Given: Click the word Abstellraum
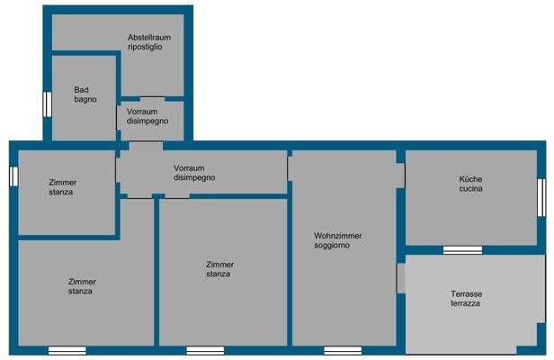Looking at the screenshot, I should point(149,37).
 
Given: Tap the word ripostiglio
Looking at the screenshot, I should point(145,47).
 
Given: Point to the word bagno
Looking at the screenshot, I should point(85,99).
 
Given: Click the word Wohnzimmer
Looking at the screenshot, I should point(338,235).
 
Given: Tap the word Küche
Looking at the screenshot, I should point(471,178).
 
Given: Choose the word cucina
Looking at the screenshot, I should point(471,189).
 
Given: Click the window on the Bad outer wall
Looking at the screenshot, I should point(47,103).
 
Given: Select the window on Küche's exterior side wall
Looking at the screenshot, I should point(541,197).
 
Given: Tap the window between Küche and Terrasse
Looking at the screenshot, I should point(462,249).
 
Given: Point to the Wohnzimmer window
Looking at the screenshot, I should point(343,350).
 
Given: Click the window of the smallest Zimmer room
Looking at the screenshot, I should point(13,175).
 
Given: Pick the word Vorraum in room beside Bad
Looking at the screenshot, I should point(142,112).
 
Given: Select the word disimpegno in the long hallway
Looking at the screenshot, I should point(194,178).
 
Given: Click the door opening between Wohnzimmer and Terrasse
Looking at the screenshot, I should point(401,278).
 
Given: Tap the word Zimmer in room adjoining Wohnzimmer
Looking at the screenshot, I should point(220,264).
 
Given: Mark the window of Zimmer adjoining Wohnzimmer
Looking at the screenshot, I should point(204,350).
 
